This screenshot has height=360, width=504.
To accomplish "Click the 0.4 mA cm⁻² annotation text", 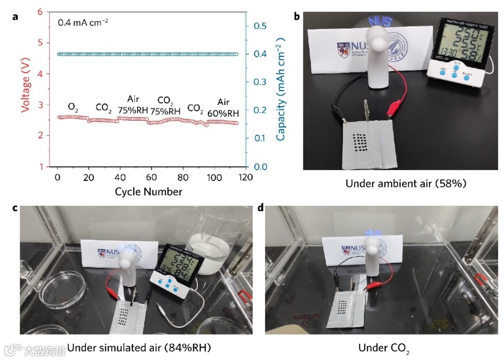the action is [x=83, y=21].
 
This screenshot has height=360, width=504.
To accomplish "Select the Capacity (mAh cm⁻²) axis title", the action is [x=280, y=89].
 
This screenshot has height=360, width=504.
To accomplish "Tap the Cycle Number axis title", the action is [x=149, y=192].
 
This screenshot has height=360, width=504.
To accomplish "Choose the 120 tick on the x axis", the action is [x=246, y=178].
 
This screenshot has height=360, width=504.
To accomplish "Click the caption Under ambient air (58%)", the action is [x=406, y=184].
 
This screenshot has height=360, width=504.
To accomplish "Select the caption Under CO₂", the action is [x=384, y=348].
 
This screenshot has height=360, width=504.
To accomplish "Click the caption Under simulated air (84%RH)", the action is [x=139, y=347].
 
